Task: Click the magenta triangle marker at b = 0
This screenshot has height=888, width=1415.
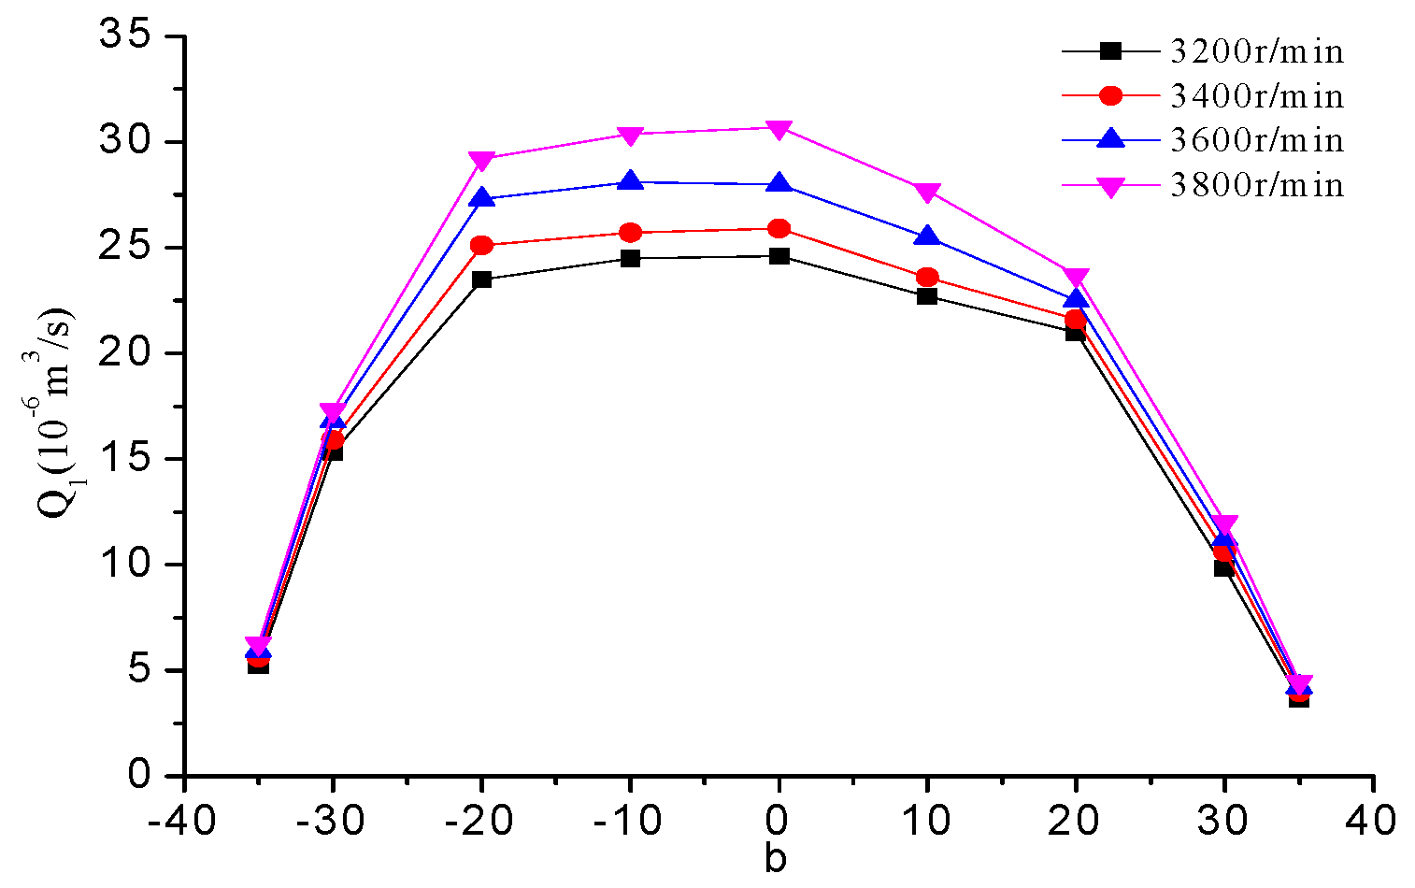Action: pos(779,129)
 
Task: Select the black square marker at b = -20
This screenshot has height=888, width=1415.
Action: pos(481,279)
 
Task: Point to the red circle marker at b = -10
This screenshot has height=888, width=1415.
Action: pos(630,233)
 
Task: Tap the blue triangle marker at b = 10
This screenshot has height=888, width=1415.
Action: pos(927,236)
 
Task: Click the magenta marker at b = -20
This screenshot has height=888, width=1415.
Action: pos(481,160)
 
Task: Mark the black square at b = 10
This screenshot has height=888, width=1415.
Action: pos(927,296)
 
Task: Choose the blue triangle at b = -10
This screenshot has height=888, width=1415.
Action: pos(630,181)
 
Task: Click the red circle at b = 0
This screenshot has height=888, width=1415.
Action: pos(779,229)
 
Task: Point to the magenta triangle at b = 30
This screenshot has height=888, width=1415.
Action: pos(1224,524)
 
